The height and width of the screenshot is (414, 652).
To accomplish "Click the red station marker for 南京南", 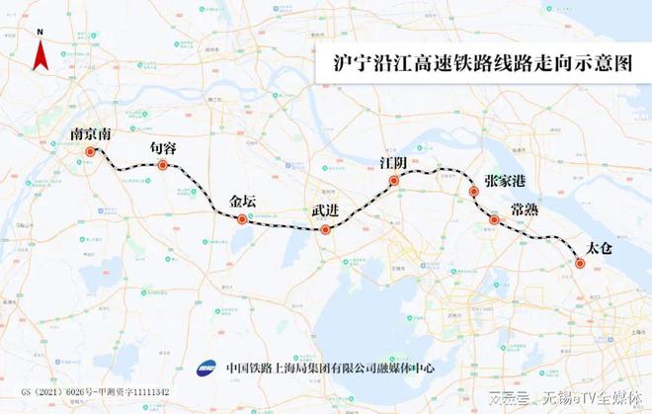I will coord(91,152).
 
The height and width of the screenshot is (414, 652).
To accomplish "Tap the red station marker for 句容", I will coord(163,165).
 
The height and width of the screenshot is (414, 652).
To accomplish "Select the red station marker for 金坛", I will coord(242,218).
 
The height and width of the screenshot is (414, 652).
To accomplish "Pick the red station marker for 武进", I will coord(325,230).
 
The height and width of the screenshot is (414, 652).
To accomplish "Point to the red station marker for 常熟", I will coord(494,219).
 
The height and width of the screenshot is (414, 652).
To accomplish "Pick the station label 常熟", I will coord(525,209).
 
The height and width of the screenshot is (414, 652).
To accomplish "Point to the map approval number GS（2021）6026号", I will coord(49,392).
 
